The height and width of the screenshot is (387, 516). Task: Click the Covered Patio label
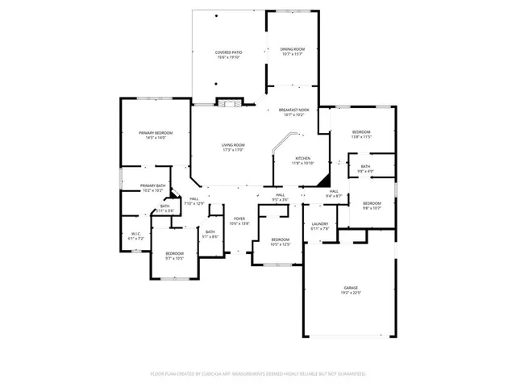(x=229, y=52)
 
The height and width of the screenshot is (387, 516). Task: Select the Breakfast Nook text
(x=293, y=110)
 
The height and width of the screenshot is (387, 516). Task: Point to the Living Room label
(x=233, y=145)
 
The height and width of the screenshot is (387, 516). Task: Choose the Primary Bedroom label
(x=155, y=133)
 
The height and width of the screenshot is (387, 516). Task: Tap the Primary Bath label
(x=153, y=186)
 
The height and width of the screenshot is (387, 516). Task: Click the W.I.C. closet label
(x=136, y=235)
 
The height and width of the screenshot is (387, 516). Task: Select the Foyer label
(x=239, y=218)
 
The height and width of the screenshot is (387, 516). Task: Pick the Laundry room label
(x=320, y=225)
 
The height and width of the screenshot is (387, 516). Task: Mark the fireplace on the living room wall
(x=230, y=102)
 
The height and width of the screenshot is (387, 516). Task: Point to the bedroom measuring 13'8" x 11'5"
(x=360, y=134)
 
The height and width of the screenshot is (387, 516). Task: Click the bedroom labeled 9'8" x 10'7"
(x=371, y=205)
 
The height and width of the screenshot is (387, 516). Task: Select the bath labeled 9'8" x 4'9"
(x=365, y=169)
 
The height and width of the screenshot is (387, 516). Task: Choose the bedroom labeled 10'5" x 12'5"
(x=280, y=241)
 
